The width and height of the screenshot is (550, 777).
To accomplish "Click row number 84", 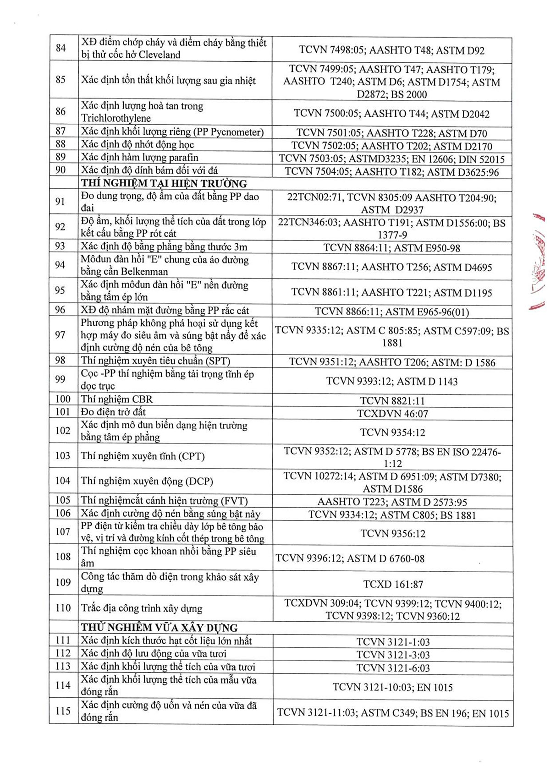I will [60, 48].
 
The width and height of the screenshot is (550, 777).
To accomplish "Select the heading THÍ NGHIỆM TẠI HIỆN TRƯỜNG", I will [164, 184].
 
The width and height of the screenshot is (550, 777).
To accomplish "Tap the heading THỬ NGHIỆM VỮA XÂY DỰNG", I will [159, 628].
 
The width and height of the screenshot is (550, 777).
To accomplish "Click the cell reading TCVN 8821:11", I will [392, 401].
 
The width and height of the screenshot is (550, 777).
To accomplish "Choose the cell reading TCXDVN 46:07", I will [392, 414].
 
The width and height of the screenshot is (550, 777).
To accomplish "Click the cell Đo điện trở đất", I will [113, 412].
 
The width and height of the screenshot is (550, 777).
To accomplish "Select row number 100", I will [63, 399].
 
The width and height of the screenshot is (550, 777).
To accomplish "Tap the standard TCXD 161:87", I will [393, 585].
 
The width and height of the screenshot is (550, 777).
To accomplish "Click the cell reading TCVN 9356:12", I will [393, 534].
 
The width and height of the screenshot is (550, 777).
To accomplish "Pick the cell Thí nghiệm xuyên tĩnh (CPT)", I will [143, 456].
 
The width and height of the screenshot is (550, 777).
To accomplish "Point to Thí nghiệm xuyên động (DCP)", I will [147, 481].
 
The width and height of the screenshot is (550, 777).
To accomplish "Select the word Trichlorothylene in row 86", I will [116, 119].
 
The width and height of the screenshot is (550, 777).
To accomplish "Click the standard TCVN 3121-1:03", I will [393, 642].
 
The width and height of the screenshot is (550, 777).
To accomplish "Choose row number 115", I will [63, 711].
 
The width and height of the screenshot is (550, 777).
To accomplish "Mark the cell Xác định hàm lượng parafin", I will [140, 158].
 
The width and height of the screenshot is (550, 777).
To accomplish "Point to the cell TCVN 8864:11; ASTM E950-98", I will [392, 248].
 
